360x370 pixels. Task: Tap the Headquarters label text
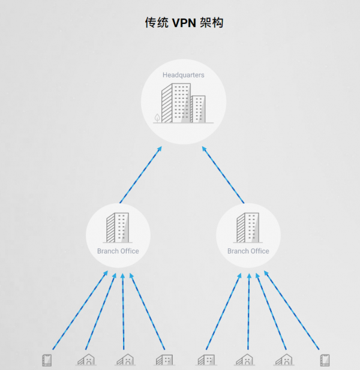[184, 75]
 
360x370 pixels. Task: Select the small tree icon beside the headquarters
[158, 118]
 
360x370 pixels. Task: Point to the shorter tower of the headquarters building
[199, 109]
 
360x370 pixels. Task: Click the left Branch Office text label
[118, 251]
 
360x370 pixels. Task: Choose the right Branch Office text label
[248, 251]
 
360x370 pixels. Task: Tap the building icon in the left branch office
[118, 227]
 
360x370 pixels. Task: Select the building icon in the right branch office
[248, 227]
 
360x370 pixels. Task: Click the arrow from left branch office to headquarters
[140, 175]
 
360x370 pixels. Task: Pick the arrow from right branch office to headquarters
[223, 175]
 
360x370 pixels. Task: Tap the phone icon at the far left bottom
[47, 360]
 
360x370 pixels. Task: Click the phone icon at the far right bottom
[325, 360]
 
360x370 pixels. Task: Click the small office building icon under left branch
[164, 360]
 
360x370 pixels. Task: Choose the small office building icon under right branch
[206, 360]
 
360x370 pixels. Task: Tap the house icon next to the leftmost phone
[85, 360]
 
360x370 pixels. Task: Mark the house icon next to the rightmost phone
[284, 360]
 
